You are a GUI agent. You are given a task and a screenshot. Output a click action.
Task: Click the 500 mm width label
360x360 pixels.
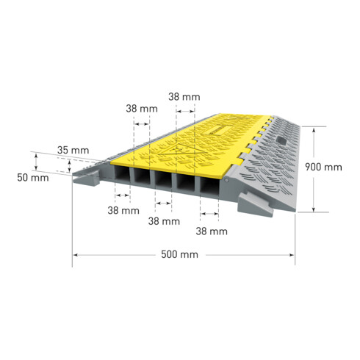tap(179, 254)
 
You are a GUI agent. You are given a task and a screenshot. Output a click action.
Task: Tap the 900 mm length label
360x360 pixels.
tap(323, 167)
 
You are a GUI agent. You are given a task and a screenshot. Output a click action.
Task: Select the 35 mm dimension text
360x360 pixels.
tap(73, 150)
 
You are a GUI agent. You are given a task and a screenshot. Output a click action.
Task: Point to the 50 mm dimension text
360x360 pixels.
tap(33, 178)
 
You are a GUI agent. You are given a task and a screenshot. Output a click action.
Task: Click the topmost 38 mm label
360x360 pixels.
tap(184, 97)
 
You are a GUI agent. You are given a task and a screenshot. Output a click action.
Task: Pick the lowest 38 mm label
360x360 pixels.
tap(212, 231)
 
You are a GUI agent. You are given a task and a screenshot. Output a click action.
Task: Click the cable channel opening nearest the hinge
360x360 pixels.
tap(209, 186)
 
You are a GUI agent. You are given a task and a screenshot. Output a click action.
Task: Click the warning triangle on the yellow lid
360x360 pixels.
tap(181, 151)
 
